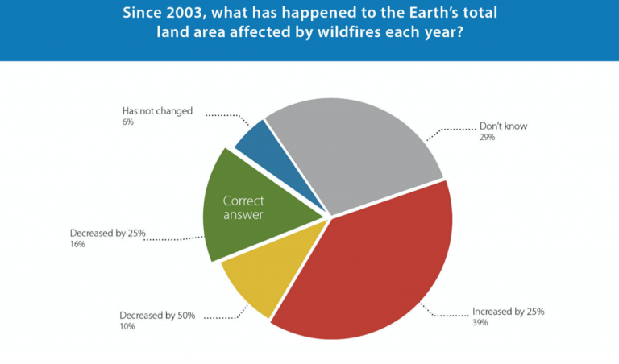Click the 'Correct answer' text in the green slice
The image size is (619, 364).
(243, 208)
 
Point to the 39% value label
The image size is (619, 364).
(480, 323)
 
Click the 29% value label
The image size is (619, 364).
(487, 137)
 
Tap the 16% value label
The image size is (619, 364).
(77, 244)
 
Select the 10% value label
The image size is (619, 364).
(127, 326)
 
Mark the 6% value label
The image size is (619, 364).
(128, 122)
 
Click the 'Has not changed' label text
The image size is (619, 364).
(157, 111)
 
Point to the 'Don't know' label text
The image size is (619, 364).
(503, 126)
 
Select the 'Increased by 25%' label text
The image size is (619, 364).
(509, 312)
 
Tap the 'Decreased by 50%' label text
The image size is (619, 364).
(157, 316)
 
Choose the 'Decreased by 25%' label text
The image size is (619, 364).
(108, 233)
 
